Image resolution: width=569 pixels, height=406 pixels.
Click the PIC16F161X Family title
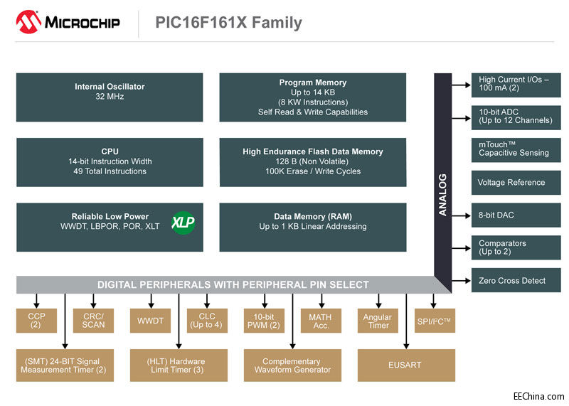point(228,23)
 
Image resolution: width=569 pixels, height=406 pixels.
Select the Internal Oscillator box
point(110,97)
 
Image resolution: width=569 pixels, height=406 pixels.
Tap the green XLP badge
point(183,222)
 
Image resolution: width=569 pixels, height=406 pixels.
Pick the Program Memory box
point(313,97)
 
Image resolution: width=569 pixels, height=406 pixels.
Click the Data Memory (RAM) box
point(313,227)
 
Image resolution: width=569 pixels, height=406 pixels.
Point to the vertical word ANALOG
point(442,194)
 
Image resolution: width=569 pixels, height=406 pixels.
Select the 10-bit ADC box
point(516,115)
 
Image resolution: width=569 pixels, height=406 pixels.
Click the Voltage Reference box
point(516,183)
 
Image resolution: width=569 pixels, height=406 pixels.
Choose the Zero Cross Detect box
point(516,280)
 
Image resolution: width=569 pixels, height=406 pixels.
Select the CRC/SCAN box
point(93,321)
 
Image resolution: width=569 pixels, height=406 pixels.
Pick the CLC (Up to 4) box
point(207,321)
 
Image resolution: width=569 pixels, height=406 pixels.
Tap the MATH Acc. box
point(321,321)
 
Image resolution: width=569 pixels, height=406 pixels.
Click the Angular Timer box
point(378,321)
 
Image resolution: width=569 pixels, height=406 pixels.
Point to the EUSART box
point(406,365)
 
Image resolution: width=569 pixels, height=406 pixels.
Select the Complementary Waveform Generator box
point(292,365)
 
